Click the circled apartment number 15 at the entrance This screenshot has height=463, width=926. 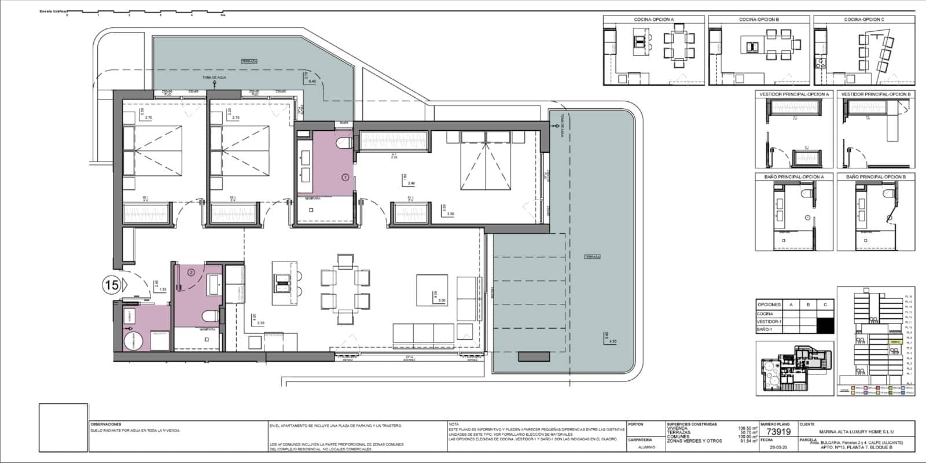coord(111,284)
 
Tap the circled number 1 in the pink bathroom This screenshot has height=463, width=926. coord(345,177)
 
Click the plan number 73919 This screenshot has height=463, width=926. coord(778,432)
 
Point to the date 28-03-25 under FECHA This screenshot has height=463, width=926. coord(777,447)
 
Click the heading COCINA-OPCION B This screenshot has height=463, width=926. coord(759,20)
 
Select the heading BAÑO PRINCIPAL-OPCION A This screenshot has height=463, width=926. coord(794,177)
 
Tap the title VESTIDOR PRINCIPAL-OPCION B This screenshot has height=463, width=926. coord(876,94)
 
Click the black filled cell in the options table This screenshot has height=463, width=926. coord(825,325)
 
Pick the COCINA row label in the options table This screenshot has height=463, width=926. coord(766,313)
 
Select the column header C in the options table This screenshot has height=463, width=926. coord(825,304)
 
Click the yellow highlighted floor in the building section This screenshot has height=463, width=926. coord(895,342)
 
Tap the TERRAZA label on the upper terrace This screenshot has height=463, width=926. coord(249,61)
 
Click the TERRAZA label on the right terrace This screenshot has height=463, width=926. coord(592,256)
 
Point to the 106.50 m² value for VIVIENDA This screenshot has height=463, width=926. coord(748,429)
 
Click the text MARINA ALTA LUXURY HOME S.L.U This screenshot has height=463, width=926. coord(861,431)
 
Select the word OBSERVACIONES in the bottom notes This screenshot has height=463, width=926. coord(105,424)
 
